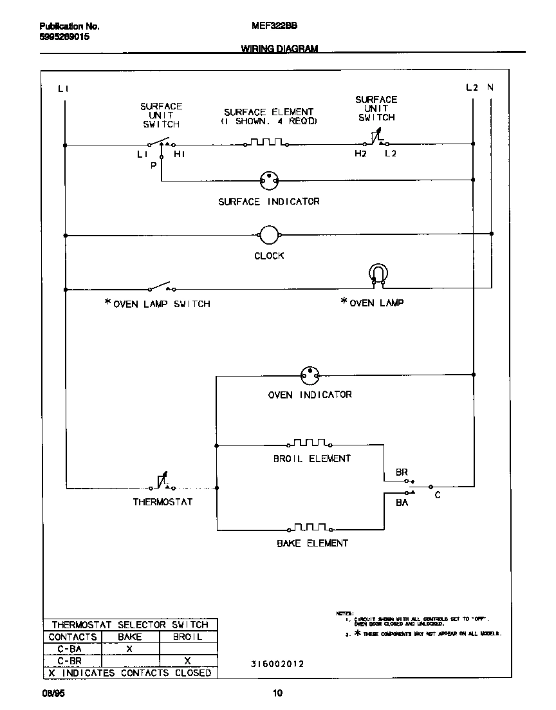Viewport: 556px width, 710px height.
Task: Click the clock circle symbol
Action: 268,236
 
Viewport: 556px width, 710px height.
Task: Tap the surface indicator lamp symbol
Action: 268,181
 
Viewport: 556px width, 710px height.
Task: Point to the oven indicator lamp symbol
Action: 310,375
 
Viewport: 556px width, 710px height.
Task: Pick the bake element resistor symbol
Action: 311,528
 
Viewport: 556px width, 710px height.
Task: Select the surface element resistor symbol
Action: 266,143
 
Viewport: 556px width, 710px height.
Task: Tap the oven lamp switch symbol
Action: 161,286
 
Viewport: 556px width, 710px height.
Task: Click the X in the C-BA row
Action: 129,649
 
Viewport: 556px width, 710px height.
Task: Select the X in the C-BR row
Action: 187,660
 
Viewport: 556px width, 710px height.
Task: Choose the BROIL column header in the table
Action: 187,637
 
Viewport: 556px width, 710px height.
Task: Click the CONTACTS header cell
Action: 73,637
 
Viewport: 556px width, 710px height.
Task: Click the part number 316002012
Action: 277,664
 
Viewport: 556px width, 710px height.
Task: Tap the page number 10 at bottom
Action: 277,693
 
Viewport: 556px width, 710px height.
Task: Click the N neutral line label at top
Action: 490,88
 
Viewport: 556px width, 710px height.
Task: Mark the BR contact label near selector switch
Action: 402,472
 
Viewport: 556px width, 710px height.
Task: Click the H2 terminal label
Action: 360,154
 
